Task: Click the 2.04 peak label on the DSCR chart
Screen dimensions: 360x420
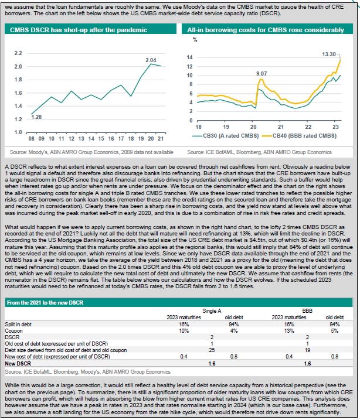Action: pyautogui.click(x=151, y=60)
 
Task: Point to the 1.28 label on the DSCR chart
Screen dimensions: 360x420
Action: pyautogui.click(x=36, y=117)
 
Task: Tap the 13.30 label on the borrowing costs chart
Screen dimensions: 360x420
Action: pyautogui.click(x=329, y=54)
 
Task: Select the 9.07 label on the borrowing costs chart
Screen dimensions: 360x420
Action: pyautogui.click(x=261, y=73)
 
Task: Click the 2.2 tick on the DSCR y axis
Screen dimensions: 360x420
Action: pyautogui.click(x=18, y=53)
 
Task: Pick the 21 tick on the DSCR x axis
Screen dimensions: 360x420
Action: pyautogui.click(x=161, y=139)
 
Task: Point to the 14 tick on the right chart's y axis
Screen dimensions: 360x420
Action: pyautogui.click(x=189, y=57)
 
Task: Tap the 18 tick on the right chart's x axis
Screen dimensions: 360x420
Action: pyautogui.click(x=198, y=127)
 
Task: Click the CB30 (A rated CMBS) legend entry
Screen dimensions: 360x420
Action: pyautogui.click(x=226, y=136)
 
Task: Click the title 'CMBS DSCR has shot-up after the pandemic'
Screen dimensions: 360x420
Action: pyautogui.click(x=79, y=30)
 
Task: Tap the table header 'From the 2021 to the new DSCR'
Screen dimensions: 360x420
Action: pyautogui.click(x=45, y=303)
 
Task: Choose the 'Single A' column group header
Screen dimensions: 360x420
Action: pyautogui.click(x=212, y=311)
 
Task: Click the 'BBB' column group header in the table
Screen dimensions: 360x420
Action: pyautogui.click(x=307, y=311)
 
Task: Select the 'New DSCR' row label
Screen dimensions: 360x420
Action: pyautogui.click(x=18, y=364)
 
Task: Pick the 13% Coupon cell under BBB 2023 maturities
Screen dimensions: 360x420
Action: pyautogui.click(x=289, y=331)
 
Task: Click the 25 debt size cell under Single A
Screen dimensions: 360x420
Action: pyautogui.click(x=212, y=350)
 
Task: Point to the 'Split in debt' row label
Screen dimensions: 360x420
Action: pyautogui.click(x=18, y=325)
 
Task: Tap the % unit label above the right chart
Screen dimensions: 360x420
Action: pyautogui.click(x=195, y=40)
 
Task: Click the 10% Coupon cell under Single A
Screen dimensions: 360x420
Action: pyautogui.click(x=184, y=331)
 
